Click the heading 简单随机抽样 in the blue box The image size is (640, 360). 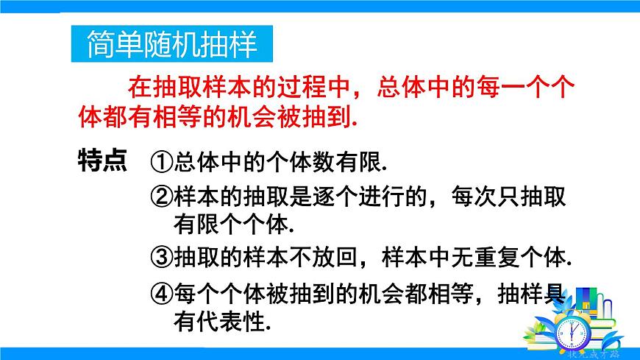[171, 44]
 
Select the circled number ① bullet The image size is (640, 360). [162, 161]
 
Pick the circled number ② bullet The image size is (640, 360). [162, 197]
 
